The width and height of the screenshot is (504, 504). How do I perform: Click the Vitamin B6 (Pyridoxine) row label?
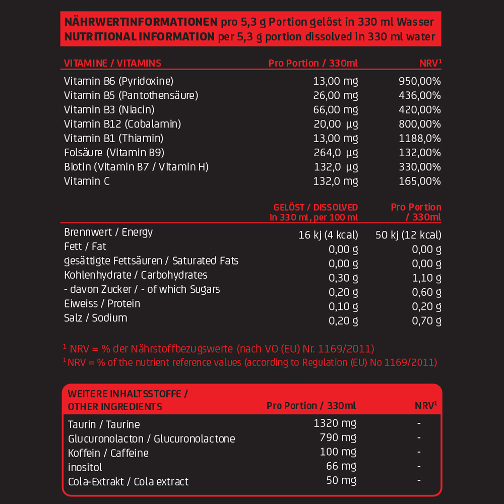[x=118, y=81]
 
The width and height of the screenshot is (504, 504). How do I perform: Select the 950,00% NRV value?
[x=419, y=81]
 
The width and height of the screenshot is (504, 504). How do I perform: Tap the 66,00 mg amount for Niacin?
[x=335, y=110]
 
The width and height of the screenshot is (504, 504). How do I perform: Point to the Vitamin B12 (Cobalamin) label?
[x=122, y=124]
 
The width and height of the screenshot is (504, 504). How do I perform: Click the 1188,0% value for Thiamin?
[x=419, y=138]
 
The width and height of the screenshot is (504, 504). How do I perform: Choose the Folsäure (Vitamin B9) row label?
[x=114, y=153]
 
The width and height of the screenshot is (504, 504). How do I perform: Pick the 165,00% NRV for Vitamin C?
[x=419, y=181]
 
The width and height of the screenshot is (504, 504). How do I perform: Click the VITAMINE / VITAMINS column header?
[x=112, y=63]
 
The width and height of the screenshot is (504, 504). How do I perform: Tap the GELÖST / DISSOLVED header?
[x=316, y=207]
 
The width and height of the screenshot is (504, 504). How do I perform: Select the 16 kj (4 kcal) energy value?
[x=328, y=235]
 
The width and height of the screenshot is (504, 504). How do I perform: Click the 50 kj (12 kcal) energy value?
[x=409, y=235]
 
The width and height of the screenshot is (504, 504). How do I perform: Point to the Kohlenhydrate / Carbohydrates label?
[x=136, y=275]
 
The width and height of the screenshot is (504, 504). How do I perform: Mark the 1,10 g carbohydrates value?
[x=426, y=278]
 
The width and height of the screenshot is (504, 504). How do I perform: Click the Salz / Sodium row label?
[x=95, y=318]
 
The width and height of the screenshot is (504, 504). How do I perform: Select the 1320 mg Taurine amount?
[x=335, y=423]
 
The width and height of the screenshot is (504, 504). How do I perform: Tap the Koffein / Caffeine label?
[x=108, y=453]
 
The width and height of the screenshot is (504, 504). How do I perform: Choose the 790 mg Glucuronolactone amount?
[x=338, y=437]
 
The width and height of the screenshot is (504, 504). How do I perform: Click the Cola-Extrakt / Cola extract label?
[x=128, y=482]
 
